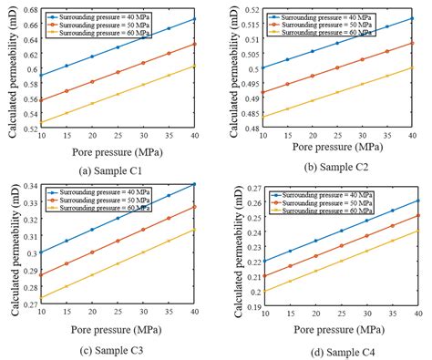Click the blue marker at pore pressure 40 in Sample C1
coord(193,19)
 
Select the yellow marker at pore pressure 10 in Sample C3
coord(41,297)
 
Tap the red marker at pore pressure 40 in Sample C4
coord(417,216)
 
